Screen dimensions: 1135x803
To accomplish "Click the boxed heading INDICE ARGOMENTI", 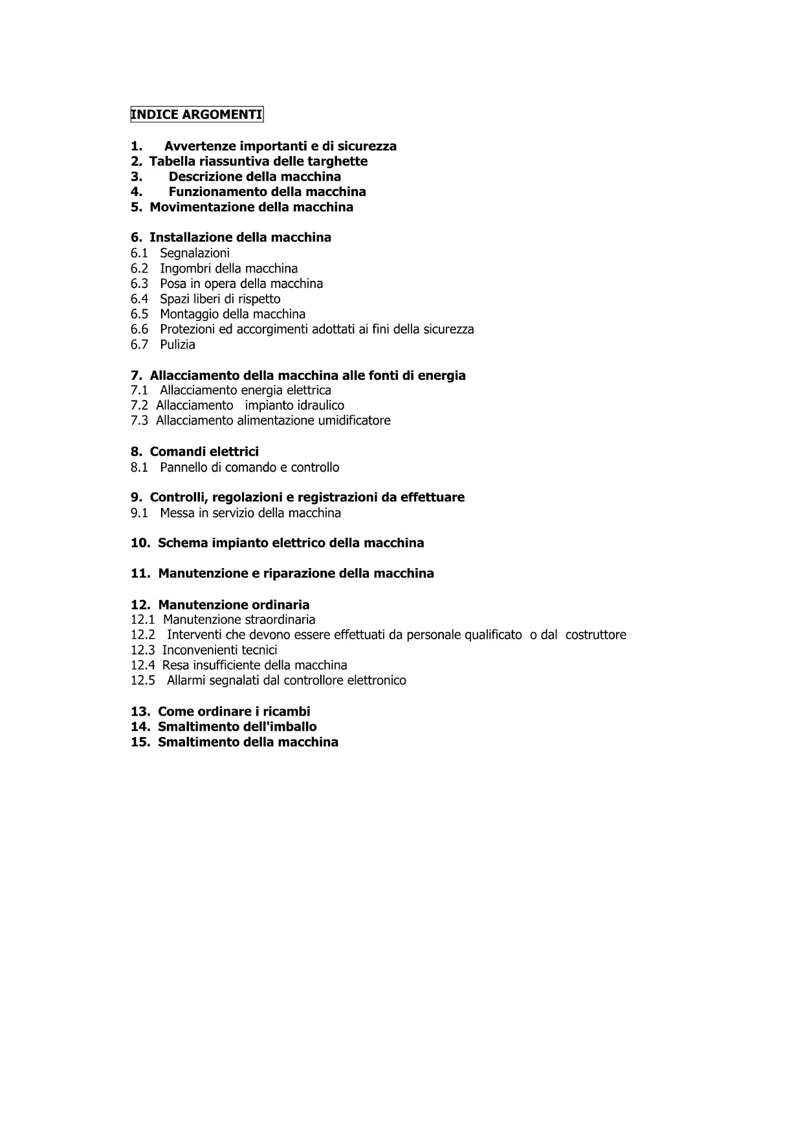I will pos(197,115).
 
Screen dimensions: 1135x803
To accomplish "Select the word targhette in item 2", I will pos(336,161).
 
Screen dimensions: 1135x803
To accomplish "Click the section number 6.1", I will pos(139,253).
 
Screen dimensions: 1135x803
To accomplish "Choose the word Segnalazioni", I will pos(195,253).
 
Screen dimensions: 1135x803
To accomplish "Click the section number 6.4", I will pos(139,299).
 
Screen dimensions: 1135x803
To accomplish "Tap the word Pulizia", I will pos(177,345).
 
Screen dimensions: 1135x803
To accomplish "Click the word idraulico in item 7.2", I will pos(320,406).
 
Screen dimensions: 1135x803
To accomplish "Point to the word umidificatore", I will pos(354,421).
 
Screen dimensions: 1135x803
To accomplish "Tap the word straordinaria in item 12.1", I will pos(280,620).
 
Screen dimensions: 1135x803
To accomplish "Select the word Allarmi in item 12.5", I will pos(186,681).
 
